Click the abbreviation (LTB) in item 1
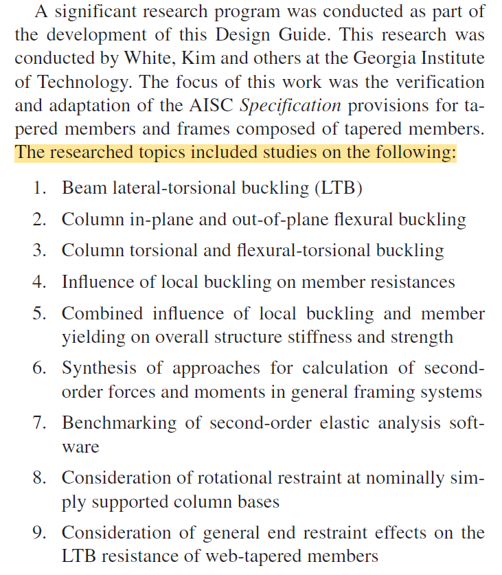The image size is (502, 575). coord(339,188)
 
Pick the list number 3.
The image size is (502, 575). coord(39,251)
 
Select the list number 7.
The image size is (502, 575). coord(39,422)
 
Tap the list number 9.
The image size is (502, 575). coord(39,532)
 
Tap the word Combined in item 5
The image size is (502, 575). coord(96,313)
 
